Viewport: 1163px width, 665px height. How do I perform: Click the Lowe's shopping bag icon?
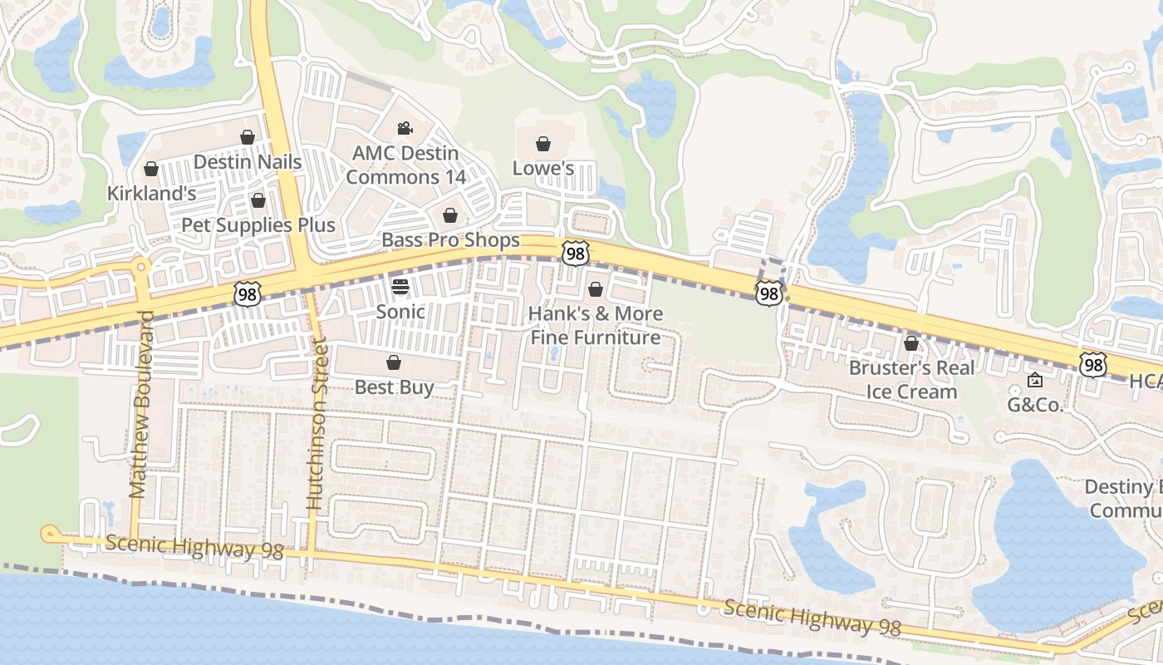pos(542,144)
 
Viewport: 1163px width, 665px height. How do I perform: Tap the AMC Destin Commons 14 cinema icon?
pos(405,128)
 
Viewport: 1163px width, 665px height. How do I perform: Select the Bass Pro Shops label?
pos(450,240)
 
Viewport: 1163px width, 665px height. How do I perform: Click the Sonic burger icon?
pos(400,288)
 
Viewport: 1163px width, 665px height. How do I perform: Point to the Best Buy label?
pos(394,387)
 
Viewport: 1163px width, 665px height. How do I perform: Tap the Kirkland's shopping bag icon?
pos(151,170)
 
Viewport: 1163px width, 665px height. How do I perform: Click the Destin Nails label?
pos(248,161)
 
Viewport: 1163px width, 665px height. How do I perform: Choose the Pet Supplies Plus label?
pos(258,225)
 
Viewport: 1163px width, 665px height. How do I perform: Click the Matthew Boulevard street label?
pos(142,404)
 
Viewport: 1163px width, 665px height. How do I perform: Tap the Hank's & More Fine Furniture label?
pos(596,325)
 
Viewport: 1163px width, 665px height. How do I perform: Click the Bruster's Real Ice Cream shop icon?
pos(911,342)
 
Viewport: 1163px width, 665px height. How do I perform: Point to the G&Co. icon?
pos(1035,381)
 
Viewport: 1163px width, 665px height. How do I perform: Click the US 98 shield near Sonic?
pos(248,293)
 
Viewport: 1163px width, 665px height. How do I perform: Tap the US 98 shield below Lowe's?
pos(575,253)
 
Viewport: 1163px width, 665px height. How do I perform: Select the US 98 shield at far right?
pos(1093,364)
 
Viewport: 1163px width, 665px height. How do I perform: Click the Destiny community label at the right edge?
pos(1126,498)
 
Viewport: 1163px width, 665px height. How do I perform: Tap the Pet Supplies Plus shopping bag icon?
pos(258,200)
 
